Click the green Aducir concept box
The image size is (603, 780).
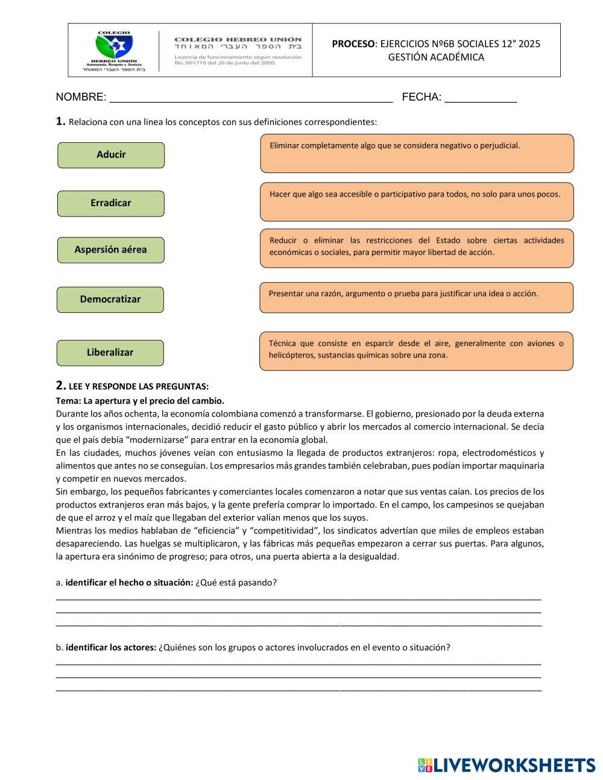point(111,155)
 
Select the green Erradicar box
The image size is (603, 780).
point(111,203)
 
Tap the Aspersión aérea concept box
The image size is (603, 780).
point(111,250)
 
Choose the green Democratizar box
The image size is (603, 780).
point(110,300)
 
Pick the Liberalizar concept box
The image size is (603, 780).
point(110,353)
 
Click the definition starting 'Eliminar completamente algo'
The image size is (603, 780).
point(417,153)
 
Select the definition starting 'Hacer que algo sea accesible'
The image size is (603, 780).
point(417,201)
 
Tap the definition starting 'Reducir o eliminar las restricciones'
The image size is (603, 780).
point(417,248)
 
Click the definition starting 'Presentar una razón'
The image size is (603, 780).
point(416,297)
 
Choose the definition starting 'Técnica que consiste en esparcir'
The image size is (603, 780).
point(416,350)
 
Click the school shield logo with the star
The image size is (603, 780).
point(114,46)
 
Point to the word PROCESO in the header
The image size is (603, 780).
point(353,44)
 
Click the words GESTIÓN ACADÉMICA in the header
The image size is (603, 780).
point(436,57)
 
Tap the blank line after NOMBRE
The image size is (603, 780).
point(250,98)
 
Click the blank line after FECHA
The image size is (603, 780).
point(481,98)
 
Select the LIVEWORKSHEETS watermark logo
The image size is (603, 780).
point(507,765)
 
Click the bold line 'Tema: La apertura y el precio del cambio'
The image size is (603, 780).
point(140,401)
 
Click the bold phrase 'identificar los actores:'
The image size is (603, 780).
point(111,647)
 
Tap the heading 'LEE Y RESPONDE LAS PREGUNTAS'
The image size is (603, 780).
point(139,386)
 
